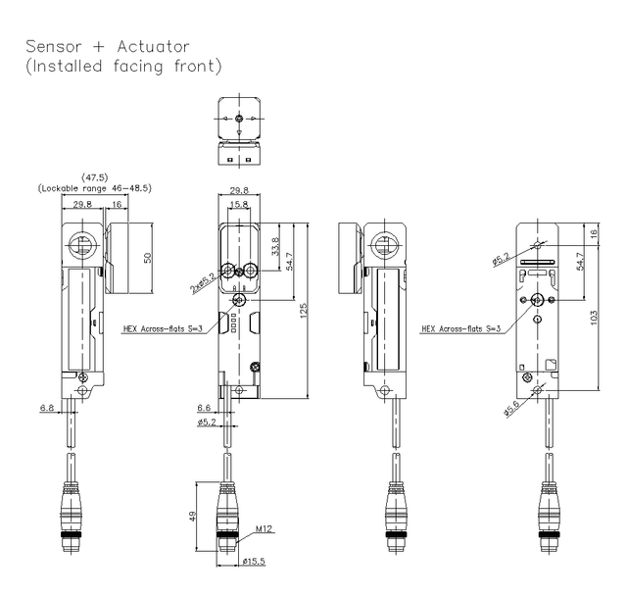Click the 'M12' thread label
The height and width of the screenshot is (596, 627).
[262, 529]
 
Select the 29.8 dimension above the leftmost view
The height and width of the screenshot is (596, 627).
[83, 204]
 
